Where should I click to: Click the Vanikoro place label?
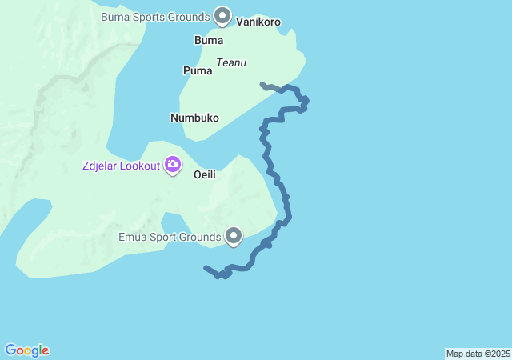coord(258,22)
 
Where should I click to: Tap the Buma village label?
coord(209,40)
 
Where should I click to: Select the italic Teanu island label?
coord(230,62)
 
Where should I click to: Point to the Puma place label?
coord(198,70)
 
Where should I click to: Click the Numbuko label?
coord(194,118)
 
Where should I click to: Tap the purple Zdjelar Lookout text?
coord(120,166)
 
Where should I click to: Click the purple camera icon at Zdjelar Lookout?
coord(172,166)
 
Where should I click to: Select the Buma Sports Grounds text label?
coord(155,16)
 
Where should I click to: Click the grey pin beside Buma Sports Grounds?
coord(223,15)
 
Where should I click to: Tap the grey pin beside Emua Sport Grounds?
coord(234,235)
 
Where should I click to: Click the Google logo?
coord(27,350)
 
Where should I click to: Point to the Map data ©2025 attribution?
coord(478,354)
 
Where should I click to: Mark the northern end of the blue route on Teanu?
coord(262,83)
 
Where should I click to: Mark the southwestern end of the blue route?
coord(206,268)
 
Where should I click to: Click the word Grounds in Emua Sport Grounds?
coord(200,237)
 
